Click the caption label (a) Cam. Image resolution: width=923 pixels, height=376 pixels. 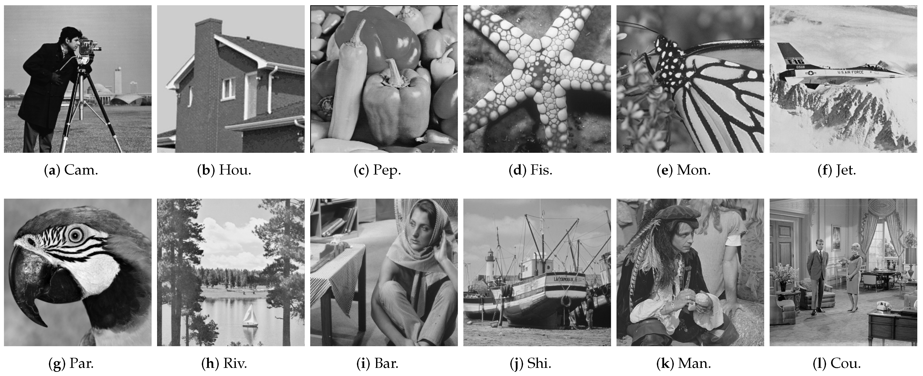click(x=71, y=170)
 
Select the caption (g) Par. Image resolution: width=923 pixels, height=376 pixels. click(x=71, y=364)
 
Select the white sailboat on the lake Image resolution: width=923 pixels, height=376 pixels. click(x=250, y=316)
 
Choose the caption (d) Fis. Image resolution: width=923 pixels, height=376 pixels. click(x=531, y=170)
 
